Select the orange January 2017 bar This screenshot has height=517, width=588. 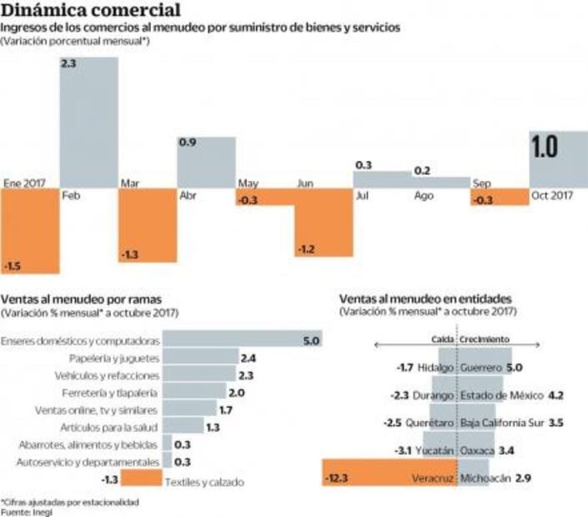click(x=30, y=230)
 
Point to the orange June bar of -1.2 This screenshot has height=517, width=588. click(x=322, y=221)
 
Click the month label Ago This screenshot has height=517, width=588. click(x=424, y=196)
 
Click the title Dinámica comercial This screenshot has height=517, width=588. click(x=89, y=11)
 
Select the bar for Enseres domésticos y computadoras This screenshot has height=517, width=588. click(x=241, y=341)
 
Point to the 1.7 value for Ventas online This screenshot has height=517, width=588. click(x=226, y=410)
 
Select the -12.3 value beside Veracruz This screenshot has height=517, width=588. click(x=337, y=479)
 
